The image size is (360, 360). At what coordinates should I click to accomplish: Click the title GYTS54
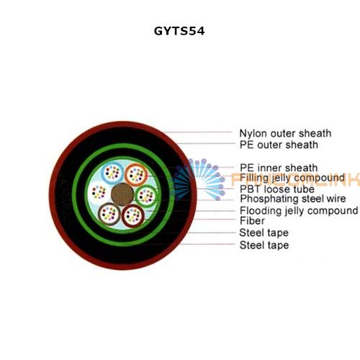pyautogui.click(x=179, y=31)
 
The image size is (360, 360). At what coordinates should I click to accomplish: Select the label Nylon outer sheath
pyautogui.click(x=285, y=133)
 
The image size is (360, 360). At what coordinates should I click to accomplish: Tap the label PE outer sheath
pyautogui.click(x=279, y=145)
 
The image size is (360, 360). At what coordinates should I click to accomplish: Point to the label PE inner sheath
pyautogui.click(x=279, y=168)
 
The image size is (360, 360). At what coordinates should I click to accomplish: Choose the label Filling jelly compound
pyautogui.click(x=292, y=178)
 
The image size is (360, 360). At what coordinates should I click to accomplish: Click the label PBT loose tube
pyautogui.click(x=277, y=189)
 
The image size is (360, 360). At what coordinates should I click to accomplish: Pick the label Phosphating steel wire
pyautogui.click(x=293, y=199)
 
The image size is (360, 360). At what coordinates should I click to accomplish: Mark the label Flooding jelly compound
pyautogui.click(x=299, y=211)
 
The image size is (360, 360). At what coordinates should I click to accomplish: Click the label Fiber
pyautogui.click(x=252, y=221)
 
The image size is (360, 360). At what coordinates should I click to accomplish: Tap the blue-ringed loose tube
pyautogui.click(x=112, y=173)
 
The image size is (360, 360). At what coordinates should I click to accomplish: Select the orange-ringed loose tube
pyautogui.click(x=136, y=175)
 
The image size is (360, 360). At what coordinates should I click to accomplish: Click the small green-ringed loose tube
pyautogui.click(x=146, y=196)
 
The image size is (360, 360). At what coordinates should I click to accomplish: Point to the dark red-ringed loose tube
pyautogui.click(x=133, y=215)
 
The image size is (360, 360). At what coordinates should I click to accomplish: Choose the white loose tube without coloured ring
pyautogui.click(x=99, y=192)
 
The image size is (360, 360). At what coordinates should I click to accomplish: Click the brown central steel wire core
pyautogui.click(x=122, y=194)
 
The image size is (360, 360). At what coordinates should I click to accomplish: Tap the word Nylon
pyautogui.click(x=253, y=133)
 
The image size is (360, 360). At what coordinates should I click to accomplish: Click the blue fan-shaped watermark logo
pyautogui.click(x=198, y=179)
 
